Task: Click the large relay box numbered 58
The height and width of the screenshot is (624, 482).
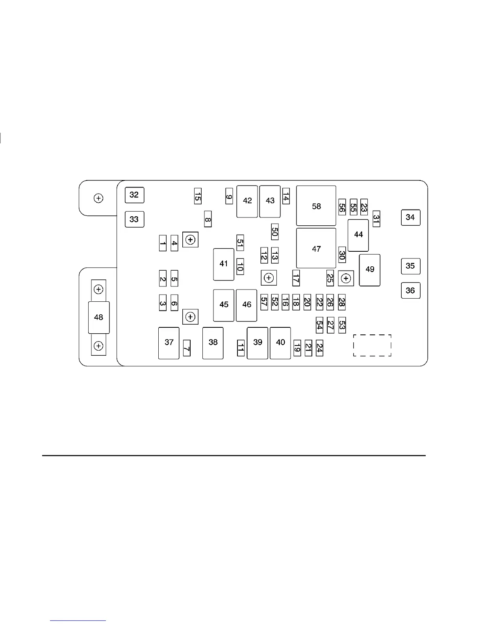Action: point(316,206)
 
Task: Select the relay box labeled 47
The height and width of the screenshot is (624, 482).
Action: point(316,248)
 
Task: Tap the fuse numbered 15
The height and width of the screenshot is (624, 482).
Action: point(198,196)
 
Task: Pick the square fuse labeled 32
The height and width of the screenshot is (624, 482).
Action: point(134,195)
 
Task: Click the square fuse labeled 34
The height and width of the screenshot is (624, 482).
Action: point(410,217)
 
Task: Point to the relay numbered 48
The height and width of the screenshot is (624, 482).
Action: point(98,317)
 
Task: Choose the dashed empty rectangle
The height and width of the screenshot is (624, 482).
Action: point(372,345)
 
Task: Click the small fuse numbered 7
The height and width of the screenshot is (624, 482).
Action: point(187,348)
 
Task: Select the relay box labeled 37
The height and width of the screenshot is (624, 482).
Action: point(169,343)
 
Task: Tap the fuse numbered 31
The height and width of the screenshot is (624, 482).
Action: point(376,219)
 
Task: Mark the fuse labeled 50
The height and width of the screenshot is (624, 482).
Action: point(274,232)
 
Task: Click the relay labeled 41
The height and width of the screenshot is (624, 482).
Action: point(223,264)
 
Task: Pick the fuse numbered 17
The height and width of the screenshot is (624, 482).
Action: point(296,278)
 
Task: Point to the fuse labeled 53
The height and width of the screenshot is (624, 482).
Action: point(342,325)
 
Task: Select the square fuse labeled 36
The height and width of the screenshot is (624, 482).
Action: point(410,291)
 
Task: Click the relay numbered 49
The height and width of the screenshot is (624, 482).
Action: point(369,270)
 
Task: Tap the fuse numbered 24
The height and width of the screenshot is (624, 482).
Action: point(319,348)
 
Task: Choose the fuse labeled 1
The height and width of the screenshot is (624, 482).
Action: point(163,243)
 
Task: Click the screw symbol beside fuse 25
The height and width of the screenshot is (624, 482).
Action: point(346,279)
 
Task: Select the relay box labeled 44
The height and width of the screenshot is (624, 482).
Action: point(358,235)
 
